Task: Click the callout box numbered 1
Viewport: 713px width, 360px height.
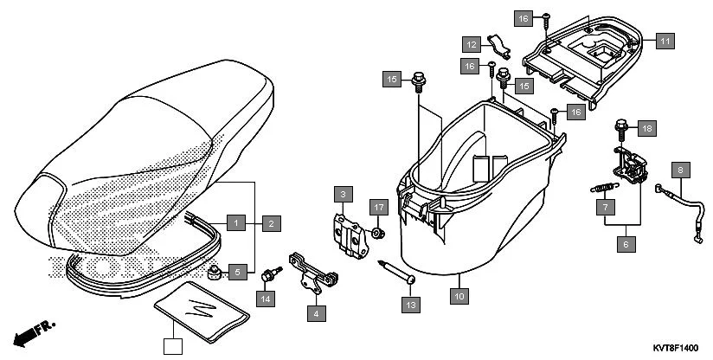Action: [235, 223]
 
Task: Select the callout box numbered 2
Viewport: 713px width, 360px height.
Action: [270, 223]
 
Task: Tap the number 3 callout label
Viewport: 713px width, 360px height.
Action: [344, 193]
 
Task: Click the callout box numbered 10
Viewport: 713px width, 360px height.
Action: [459, 297]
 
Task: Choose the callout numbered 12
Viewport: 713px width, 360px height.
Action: [470, 44]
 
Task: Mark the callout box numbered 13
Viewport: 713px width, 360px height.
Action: [409, 304]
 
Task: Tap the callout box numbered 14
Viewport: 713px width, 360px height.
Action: [265, 299]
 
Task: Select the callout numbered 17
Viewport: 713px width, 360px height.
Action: [378, 207]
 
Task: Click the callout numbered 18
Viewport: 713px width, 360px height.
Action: [647, 128]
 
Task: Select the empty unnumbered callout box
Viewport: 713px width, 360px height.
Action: [174, 346]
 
